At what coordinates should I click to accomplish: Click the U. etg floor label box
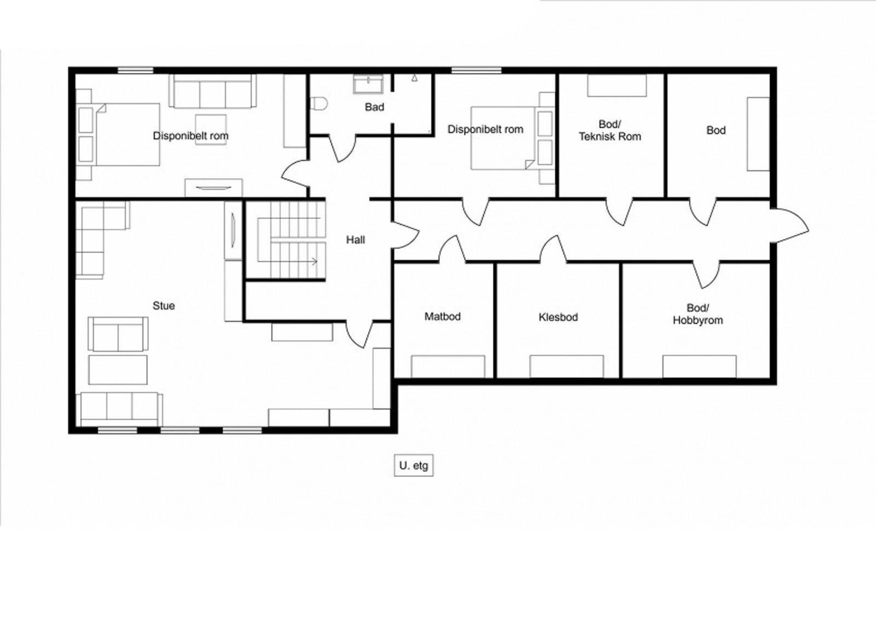(x=413, y=465)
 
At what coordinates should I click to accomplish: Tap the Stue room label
(x=164, y=306)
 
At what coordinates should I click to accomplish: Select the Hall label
(x=355, y=240)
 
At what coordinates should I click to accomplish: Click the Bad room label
(x=374, y=107)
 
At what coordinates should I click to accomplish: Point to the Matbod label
(x=442, y=316)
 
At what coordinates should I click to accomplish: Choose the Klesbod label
(x=558, y=317)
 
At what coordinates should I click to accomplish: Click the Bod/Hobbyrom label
(x=698, y=314)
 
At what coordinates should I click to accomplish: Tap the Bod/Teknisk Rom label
(x=610, y=130)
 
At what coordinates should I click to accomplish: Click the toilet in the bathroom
(x=319, y=104)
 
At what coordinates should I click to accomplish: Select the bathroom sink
(x=368, y=84)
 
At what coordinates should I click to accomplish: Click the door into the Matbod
(x=452, y=249)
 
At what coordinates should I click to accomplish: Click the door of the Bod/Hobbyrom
(x=707, y=275)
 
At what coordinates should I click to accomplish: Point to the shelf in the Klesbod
(x=567, y=366)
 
